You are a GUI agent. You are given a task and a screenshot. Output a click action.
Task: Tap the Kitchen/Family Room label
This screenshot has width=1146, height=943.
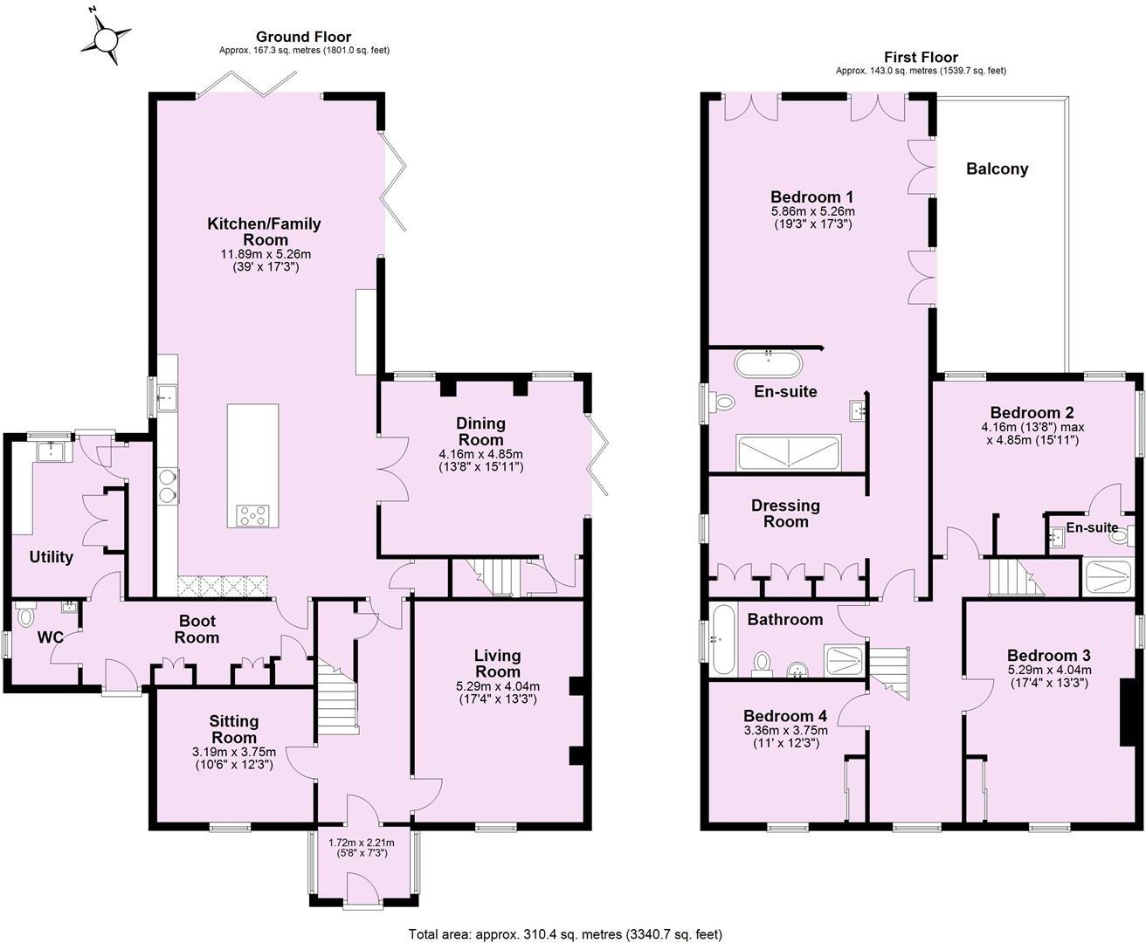264,231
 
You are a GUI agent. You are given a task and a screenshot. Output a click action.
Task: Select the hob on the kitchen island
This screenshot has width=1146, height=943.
252,516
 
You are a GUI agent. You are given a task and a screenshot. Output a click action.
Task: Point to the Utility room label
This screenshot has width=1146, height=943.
52,557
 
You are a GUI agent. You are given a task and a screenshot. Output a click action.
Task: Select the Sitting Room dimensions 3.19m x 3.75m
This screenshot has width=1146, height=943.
233,752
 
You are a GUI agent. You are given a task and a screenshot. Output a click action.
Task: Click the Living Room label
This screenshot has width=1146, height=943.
497,663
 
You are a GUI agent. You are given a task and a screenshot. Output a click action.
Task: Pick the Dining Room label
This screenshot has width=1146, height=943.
481,431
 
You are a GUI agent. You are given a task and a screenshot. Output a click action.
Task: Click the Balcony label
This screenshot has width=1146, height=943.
997,169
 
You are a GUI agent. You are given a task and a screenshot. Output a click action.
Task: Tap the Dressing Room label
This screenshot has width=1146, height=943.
785,513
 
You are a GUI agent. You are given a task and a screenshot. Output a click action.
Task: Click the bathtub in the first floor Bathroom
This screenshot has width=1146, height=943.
723,640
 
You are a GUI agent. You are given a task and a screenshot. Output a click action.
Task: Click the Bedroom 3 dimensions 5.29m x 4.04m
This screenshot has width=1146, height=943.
1048,677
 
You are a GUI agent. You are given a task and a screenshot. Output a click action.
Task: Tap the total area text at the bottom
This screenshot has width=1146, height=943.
565,934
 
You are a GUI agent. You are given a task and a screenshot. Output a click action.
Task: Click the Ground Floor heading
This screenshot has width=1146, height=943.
303,37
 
